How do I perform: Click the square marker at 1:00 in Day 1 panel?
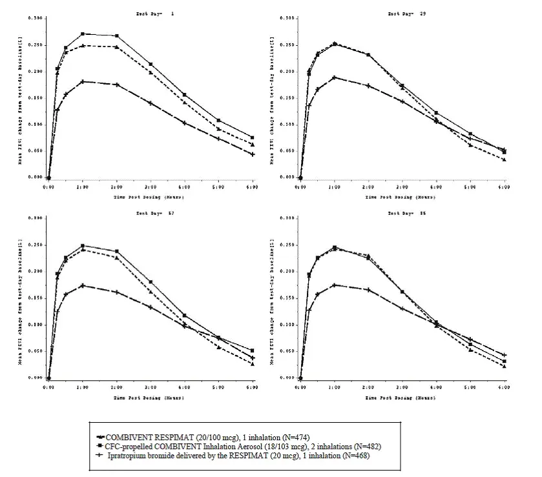pyautogui.click(x=83, y=34)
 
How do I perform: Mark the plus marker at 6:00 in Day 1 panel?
pyautogui.click(x=253, y=154)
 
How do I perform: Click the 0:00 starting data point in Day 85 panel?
pyautogui.click(x=300, y=378)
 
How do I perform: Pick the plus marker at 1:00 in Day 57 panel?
pyautogui.click(x=83, y=285)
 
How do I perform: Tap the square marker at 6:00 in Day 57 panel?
pyautogui.click(x=253, y=350)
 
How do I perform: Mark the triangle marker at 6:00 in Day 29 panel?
pyautogui.click(x=504, y=159)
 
